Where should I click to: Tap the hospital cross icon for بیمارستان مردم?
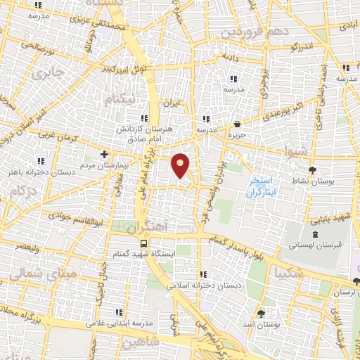(104, 153)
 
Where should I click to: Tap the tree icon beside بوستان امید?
(262, 313)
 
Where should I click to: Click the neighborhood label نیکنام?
(117, 101)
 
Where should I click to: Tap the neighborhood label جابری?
(51, 72)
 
